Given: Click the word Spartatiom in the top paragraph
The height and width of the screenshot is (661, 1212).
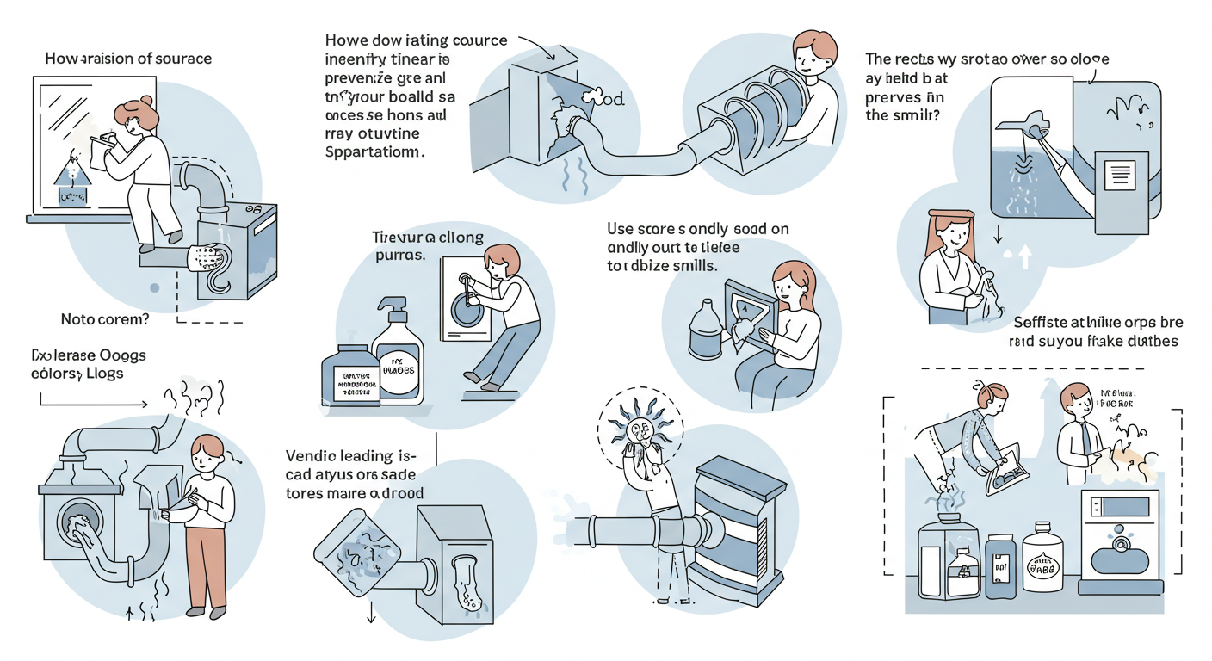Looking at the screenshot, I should click(377, 151).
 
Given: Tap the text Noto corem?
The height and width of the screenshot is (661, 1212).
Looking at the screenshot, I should click(105, 319).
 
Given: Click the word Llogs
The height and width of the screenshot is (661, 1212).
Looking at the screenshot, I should click(102, 373).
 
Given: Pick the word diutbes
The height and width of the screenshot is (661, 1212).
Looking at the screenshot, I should click(1150, 341).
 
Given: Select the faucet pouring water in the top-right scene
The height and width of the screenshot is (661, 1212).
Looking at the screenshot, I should click(1027, 127).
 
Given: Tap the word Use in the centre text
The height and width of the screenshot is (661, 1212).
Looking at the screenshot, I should click(621, 229).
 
